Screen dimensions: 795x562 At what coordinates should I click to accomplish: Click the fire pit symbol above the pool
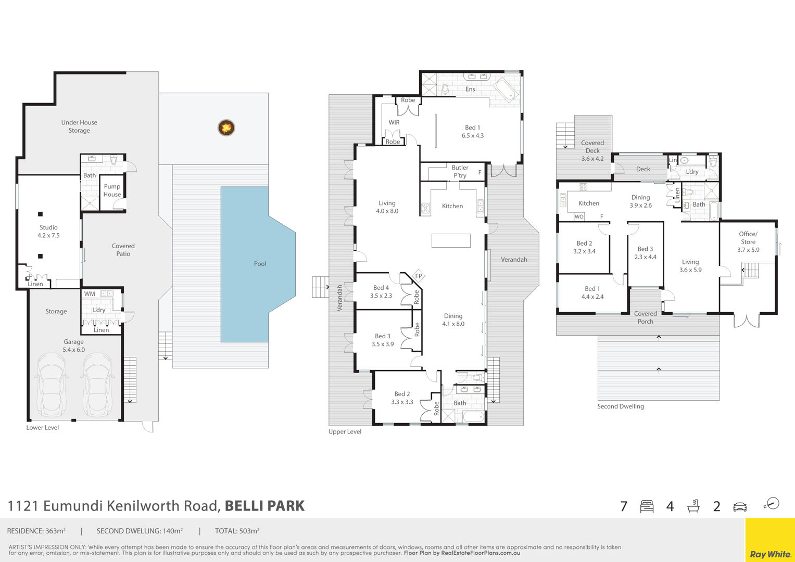(x=226, y=127)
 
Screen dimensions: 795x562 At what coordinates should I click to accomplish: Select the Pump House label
(x=112, y=190)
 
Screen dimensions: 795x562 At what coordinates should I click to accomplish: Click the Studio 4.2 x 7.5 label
(x=48, y=232)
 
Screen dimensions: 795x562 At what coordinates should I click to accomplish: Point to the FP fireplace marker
(x=419, y=276)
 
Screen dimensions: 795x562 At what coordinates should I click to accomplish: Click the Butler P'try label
(x=460, y=171)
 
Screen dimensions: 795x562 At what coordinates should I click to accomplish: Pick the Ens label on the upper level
(x=470, y=89)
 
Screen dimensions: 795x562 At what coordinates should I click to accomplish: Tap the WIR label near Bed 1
(x=394, y=122)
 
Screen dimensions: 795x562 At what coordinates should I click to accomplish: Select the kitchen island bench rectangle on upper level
(x=451, y=240)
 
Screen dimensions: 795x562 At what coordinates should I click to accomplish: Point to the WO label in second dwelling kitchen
(x=579, y=216)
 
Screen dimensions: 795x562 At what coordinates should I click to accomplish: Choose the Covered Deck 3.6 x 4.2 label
(x=592, y=151)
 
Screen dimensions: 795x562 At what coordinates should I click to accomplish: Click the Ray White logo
(x=770, y=554)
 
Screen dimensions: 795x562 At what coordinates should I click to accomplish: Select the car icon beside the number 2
(x=740, y=507)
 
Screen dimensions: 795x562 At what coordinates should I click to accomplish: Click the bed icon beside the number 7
(x=647, y=506)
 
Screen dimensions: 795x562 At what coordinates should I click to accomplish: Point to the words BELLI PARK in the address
(x=265, y=506)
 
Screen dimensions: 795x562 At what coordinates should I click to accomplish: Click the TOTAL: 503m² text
(x=237, y=531)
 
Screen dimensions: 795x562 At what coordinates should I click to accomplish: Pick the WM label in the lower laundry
(x=90, y=294)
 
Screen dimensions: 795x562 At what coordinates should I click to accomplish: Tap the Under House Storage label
(x=79, y=126)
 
